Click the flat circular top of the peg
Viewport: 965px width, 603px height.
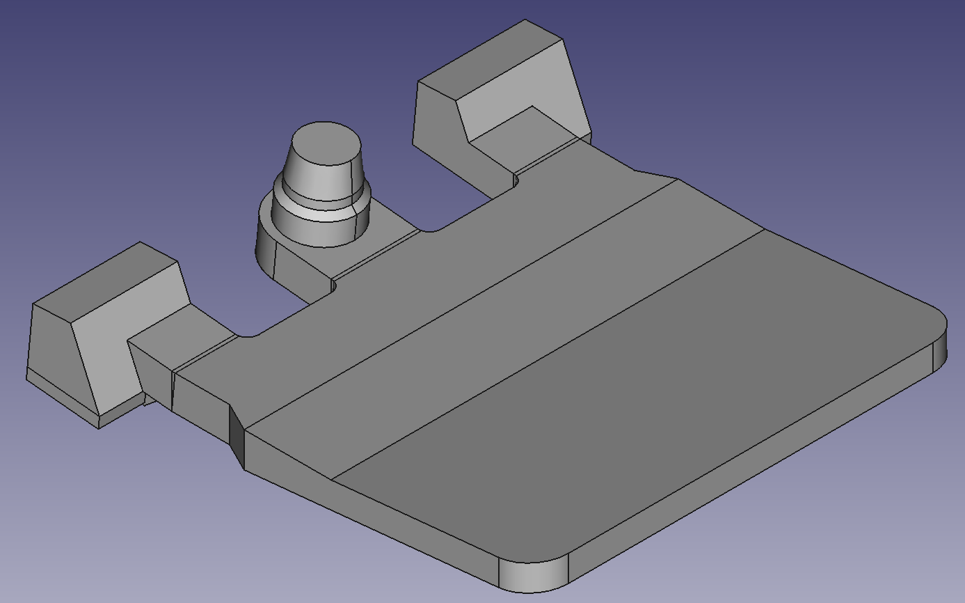326,144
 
